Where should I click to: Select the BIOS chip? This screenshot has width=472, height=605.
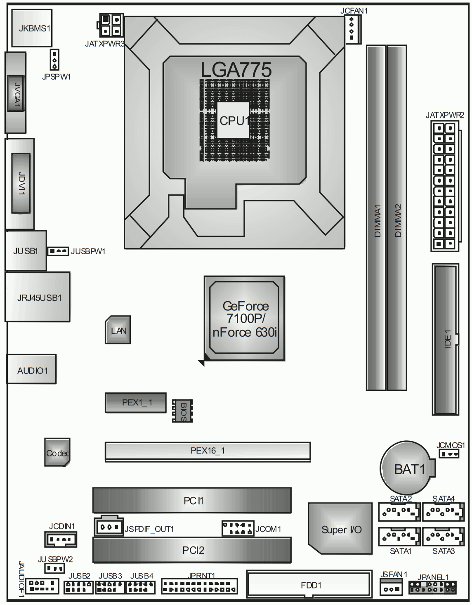click(x=182, y=411)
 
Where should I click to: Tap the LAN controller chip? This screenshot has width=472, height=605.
click(x=118, y=330)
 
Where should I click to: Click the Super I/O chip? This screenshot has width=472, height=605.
click(x=340, y=528)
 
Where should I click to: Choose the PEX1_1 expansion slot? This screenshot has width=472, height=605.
click(x=135, y=403)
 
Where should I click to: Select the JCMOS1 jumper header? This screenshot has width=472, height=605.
click(x=449, y=454)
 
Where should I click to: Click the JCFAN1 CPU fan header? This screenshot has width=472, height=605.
click(x=353, y=29)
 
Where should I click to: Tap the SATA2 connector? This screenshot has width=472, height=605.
click(x=399, y=512)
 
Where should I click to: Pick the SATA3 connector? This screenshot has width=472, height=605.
click(x=444, y=536)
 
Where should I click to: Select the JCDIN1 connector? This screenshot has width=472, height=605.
click(x=61, y=539)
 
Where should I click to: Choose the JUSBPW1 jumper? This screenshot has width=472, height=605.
click(x=58, y=251)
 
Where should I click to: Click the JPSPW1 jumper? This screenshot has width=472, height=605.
click(x=54, y=59)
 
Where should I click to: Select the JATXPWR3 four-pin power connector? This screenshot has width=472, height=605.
click(x=110, y=25)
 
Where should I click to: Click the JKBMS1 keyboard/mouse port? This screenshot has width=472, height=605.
click(x=32, y=28)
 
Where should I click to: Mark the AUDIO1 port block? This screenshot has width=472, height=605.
click(x=31, y=369)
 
